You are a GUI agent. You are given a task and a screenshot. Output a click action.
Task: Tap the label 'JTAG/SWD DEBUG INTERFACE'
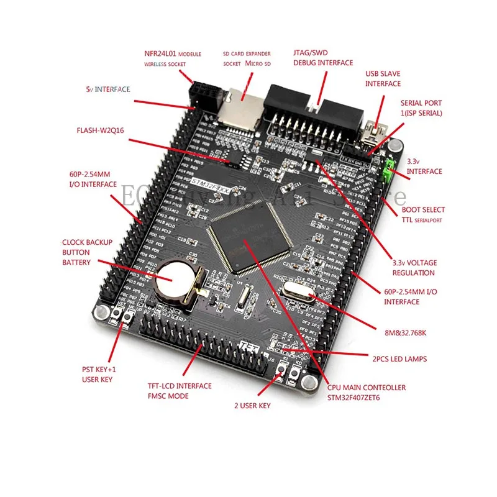(x=323, y=58)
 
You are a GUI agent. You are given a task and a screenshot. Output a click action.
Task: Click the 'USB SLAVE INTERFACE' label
(x=383, y=78)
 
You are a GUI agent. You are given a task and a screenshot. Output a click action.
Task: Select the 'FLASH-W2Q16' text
(x=101, y=131)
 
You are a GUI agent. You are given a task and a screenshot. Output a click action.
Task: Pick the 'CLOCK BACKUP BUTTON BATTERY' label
(x=84, y=252)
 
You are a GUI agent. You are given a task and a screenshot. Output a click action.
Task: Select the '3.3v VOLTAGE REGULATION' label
(x=413, y=267)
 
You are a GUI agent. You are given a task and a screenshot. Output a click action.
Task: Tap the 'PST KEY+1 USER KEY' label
(x=99, y=373)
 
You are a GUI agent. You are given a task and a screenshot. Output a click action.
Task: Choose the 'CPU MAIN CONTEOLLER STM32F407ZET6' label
(x=366, y=392)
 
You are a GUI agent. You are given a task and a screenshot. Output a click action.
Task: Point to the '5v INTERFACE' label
(x=107, y=89)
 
